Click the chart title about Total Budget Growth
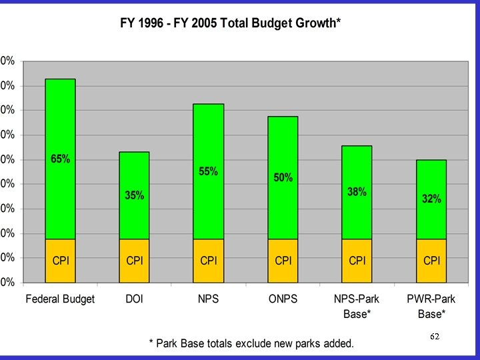click(x=230, y=23)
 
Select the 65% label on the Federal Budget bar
click(x=61, y=159)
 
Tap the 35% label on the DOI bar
click(x=135, y=195)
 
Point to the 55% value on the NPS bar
click(x=209, y=171)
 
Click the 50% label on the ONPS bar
click(x=283, y=177)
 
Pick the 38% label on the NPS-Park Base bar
click(x=357, y=192)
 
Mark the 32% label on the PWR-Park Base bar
click(x=431, y=199)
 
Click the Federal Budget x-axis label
click(x=60, y=299)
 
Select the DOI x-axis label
click(x=135, y=299)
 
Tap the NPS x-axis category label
click(x=209, y=299)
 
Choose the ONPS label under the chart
click(x=283, y=299)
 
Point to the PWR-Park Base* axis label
click(x=431, y=305)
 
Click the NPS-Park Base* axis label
click(x=357, y=305)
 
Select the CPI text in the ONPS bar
click(x=283, y=260)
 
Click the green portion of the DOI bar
click(x=135, y=173)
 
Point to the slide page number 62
click(x=435, y=337)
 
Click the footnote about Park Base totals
click(x=251, y=343)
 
